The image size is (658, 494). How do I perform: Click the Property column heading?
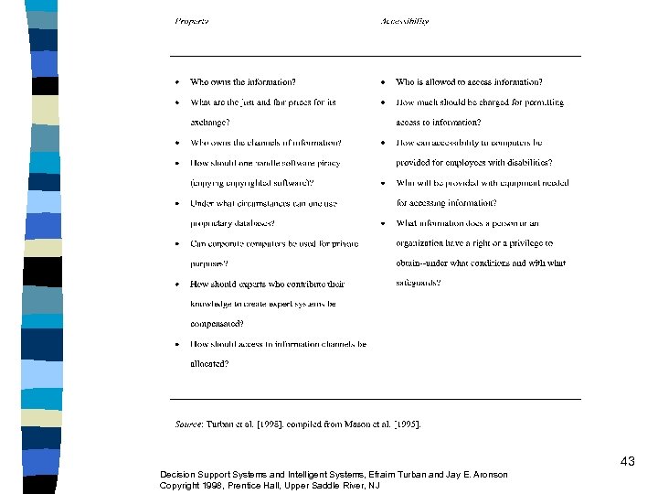click(192, 21)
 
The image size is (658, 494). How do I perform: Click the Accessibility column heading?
click(405, 21)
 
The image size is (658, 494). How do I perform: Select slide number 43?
click(627, 462)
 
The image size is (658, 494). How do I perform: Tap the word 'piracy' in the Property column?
click(327, 163)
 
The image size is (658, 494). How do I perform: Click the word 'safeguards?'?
click(419, 284)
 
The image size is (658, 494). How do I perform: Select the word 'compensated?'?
click(217, 324)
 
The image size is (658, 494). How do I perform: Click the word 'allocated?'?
click(209, 364)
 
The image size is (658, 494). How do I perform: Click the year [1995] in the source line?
click(405, 424)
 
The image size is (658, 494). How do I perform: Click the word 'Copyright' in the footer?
click(180, 485)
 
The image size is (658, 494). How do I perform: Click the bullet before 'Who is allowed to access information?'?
click(383, 82)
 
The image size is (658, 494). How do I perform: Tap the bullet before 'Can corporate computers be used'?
click(177, 244)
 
